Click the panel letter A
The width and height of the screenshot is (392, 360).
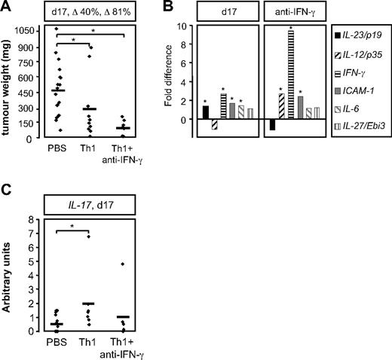[x=7, y=8]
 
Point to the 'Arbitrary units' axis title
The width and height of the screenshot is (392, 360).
[x=10, y=276]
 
